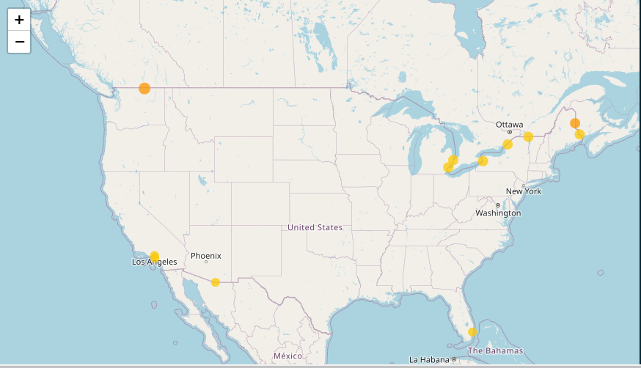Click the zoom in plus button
pyautogui.click(x=19, y=20)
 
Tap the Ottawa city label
pyautogui.click(x=509, y=125)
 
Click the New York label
pyautogui.click(x=524, y=191)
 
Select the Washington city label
pyautogui.click(x=498, y=213)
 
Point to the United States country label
pyautogui.click(x=315, y=227)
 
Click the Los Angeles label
pyautogui.click(x=154, y=262)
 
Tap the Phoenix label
pyautogui.click(x=205, y=256)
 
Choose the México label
pyautogui.click(x=287, y=356)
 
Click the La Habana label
pyautogui.click(x=430, y=359)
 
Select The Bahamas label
pyautogui.click(x=496, y=350)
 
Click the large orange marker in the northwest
pyautogui.click(x=144, y=89)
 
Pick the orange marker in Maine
pyautogui.click(x=575, y=123)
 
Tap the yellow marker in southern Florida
pyautogui.click(x=472, y=332)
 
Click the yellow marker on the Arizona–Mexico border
pyautogui.click(x=215, y=282)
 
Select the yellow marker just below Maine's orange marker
pyautogui.click(x=579, y=134)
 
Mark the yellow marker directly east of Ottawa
pyautogui.click(x=528, y=136)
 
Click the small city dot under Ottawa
pyautogui.click(x=510, y=133)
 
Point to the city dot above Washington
pyautogui.click(x=498, y=205)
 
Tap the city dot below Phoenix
pyautogui.click(x=206, y=262)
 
